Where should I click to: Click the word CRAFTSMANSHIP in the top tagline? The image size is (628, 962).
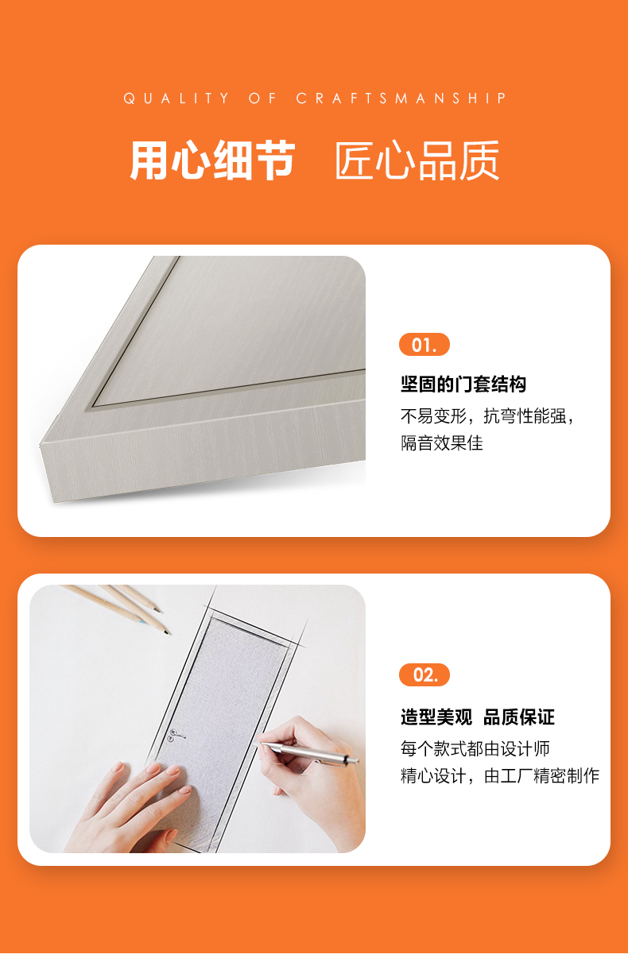pos(401,99)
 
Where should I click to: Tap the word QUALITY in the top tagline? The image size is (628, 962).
pos(176,99)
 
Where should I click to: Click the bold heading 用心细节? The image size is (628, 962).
pos(212,160)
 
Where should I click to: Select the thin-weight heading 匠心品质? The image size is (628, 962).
pos(417,160)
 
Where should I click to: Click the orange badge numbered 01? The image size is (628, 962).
pos(424,345)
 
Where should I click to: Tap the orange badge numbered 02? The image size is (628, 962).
pos(424,674)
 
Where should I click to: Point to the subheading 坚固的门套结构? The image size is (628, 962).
pos(463,384)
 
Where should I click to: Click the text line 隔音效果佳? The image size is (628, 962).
pos(442,442)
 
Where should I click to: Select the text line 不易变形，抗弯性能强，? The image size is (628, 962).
pos(487,416)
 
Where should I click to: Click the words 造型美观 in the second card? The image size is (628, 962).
pos(436,717)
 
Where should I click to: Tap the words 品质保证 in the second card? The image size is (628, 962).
pos(519,717)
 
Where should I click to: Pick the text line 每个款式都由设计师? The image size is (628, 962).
pos(475,748)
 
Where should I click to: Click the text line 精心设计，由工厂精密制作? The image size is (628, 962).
pos(500,775)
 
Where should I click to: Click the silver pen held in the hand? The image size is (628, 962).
pos(309,752)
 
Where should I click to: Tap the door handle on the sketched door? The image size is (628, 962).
pos(176,735)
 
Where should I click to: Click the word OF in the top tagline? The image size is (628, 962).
pos(262,99)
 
